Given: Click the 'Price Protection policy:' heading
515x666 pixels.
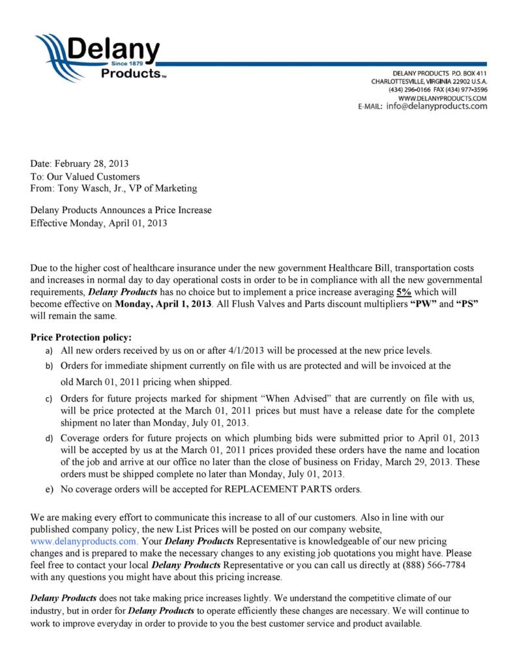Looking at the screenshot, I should point(81,338).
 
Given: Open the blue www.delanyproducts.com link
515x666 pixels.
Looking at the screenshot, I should point(84,541).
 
